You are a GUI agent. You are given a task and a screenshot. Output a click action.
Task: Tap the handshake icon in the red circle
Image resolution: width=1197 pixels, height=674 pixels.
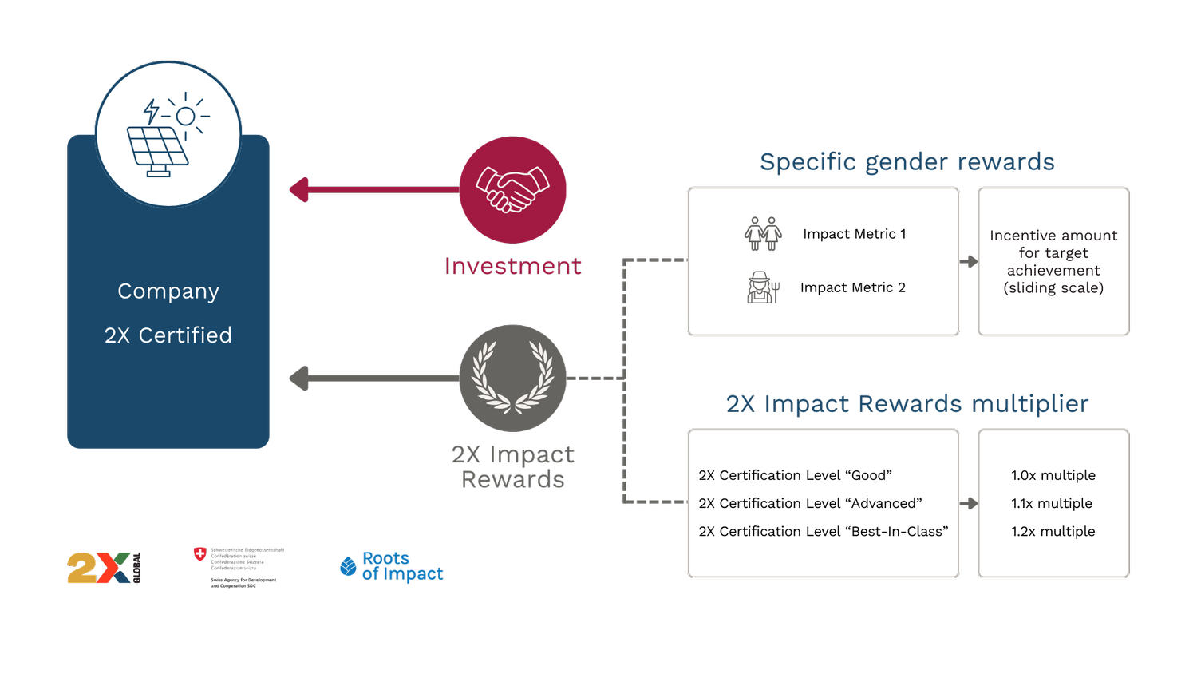(512, 190)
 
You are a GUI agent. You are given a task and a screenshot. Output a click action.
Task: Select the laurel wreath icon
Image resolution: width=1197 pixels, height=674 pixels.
(512, 378)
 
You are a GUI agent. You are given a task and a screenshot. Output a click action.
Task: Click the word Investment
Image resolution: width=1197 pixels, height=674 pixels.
(512, 266)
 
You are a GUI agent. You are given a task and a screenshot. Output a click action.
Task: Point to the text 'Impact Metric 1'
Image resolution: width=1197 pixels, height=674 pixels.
(854, 234)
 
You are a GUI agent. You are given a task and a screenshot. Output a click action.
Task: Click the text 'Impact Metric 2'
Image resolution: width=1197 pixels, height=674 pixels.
(852, 287)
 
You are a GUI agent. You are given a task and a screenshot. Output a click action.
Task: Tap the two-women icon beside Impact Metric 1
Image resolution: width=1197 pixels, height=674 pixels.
(762, 233)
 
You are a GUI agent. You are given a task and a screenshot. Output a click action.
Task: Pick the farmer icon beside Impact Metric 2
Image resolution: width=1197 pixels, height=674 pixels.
(762, 287)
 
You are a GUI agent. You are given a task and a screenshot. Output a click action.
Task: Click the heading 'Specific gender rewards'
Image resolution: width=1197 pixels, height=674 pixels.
(907, 162)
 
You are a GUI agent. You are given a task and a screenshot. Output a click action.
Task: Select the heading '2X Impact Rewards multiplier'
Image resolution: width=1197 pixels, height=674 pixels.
(907, 404)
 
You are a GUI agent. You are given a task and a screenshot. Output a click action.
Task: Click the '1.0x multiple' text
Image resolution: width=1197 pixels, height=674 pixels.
(1053, 475)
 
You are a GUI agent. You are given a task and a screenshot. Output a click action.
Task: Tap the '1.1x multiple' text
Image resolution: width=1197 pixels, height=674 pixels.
(1051, 503)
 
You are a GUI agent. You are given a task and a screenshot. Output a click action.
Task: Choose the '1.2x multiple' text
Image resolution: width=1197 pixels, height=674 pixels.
(1053, 531)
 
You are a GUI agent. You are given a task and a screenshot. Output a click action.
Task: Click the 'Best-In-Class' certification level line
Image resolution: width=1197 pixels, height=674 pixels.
(823, 531)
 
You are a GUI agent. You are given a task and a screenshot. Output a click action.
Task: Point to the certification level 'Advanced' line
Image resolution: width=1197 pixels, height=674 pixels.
(810, 503)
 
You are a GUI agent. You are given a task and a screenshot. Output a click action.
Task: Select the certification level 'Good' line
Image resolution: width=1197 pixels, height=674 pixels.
(795, 475)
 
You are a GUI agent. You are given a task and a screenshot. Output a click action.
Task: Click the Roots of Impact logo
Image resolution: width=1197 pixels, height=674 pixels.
(393, 567)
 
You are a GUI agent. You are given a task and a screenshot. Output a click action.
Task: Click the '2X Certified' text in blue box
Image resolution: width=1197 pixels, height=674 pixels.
(168, 335)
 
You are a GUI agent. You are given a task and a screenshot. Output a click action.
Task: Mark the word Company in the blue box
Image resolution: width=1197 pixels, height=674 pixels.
(168, 291)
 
